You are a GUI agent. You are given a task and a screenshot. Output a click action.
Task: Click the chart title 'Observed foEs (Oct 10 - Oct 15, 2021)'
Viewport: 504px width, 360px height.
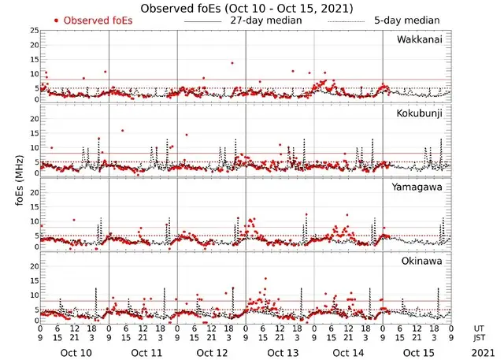246,8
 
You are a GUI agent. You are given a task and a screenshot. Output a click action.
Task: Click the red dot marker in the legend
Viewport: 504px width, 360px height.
56,20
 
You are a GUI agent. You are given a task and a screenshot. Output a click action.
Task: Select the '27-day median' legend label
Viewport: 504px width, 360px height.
266,20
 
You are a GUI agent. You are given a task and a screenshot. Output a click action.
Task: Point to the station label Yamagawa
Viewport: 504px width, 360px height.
419,187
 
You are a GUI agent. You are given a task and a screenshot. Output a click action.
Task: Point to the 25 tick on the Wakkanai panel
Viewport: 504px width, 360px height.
31,30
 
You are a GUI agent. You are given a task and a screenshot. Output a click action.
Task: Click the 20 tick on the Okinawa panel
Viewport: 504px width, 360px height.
31,266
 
